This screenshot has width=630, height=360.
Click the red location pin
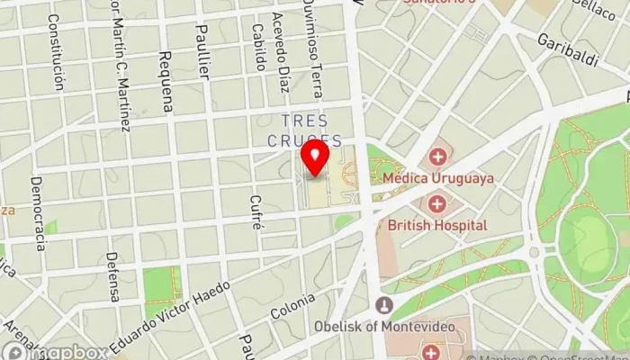[x=314, y=157]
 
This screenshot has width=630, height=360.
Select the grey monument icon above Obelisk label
[x=384, y=305]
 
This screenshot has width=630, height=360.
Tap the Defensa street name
[x=112, y=276]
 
